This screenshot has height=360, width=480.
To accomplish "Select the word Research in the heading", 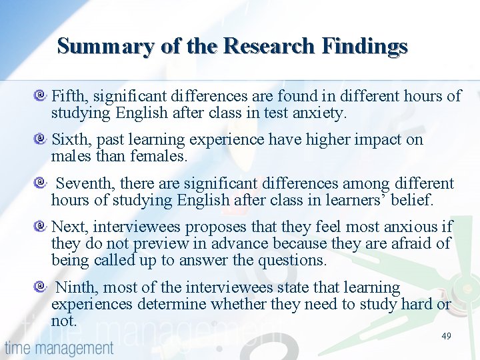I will (x=271, y=46).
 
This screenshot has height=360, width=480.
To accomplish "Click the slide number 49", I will (x=446, y=336).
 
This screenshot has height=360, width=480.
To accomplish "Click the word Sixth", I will (x=71, y=139).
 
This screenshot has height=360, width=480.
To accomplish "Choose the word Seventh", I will (x=86, y=183).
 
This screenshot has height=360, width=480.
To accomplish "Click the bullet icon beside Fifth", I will (x=41, y=97).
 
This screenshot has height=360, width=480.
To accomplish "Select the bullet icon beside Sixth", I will (x=41, y=140).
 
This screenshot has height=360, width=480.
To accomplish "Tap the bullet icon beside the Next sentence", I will (x=41, y=227).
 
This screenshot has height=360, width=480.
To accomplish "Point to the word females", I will (x=161, y=157).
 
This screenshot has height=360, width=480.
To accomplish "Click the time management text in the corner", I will (x=59, y=348).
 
